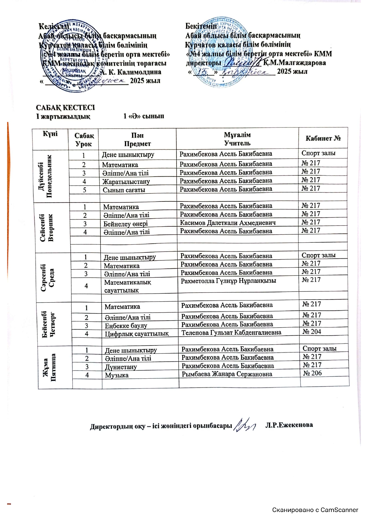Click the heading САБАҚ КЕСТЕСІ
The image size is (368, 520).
(65, 107)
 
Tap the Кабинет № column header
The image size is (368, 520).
(323, 138)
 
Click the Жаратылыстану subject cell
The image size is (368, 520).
(126, 182)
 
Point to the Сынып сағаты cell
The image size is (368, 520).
(124, 190)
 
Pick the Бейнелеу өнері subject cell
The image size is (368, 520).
(126, 224)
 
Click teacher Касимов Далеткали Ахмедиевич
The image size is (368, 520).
(228, 223)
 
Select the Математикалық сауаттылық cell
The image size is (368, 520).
(128, 286)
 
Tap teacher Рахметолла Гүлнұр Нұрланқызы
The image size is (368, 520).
(228, 280)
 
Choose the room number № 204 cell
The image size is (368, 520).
(312, 332)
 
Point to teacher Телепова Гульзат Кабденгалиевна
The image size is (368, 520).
(231, 332)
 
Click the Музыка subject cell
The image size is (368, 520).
(117, 375)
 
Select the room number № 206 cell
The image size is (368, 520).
(312, 373)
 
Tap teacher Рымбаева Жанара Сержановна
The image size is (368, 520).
(227, 374)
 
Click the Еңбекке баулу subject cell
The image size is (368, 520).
(126, 326)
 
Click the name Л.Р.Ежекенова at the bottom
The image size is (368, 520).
(289, 425)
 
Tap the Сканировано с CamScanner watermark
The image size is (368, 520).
(315, 510)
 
